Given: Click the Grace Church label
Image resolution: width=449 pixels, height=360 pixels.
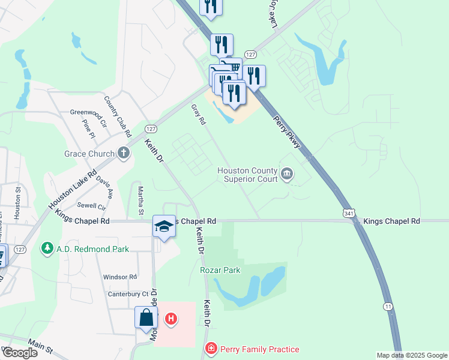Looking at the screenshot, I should (x=89, y=154).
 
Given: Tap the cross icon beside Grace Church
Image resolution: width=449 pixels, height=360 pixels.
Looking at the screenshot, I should (x=124, y=153).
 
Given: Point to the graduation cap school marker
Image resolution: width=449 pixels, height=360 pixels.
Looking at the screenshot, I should (x=164, y=226).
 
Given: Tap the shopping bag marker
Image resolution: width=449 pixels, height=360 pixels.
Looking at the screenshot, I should (x=146, y=317).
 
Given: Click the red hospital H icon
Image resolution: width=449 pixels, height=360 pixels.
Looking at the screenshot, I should (x=171, y=318).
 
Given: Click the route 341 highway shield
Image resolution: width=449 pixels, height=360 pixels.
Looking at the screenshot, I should (x=349, y=213).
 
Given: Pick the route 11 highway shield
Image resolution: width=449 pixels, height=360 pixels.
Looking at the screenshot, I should (x=389, y=307).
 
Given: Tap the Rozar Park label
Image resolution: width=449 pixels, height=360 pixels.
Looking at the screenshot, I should (x=220, y=270).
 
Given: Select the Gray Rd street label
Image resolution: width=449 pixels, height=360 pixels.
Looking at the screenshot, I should (x=199, y=114).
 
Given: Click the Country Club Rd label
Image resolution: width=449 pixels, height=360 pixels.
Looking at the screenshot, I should (x=118, y=114).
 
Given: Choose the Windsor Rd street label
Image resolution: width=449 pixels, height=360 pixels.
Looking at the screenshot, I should (x=120, y=277).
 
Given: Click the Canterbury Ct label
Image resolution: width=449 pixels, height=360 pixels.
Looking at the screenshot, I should (x=127, y=293).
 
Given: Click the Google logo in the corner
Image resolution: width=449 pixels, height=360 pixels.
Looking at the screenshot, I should (x=19, y=352).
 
